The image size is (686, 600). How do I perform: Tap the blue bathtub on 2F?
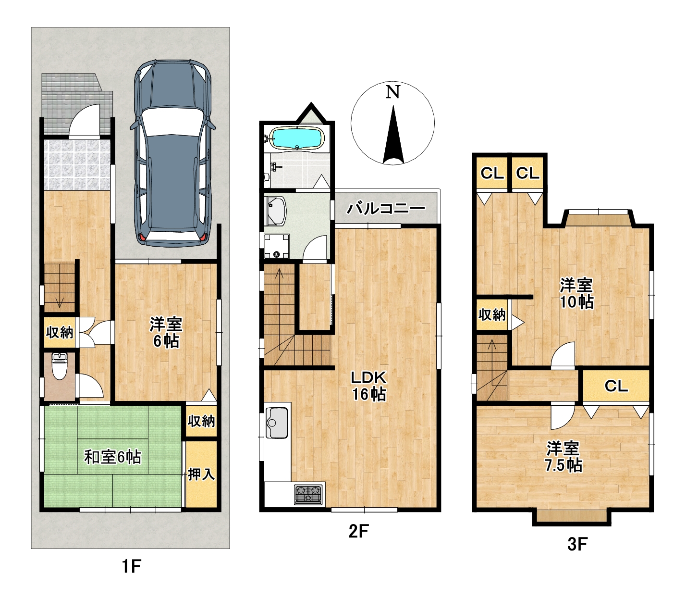coord(297,137)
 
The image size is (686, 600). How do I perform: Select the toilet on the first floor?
coord(60,365)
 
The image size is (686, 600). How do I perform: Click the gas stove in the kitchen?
coord(308,495)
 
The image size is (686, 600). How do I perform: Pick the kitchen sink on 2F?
coord(277,423)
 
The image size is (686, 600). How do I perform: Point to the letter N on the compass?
coord(393,92)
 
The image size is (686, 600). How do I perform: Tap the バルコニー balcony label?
coord(386,208)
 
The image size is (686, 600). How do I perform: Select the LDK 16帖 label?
coord(369,386)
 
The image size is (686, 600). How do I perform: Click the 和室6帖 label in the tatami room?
coord(113,457)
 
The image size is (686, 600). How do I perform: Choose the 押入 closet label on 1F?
coord(201,474)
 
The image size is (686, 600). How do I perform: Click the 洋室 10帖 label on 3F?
coord(576,294)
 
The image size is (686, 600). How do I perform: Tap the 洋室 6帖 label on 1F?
coord(166,333)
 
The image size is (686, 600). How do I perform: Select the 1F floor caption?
coord(131,567)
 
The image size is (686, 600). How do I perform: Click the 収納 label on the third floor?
coord(492,315)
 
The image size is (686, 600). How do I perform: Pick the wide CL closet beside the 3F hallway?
coord(616,386)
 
